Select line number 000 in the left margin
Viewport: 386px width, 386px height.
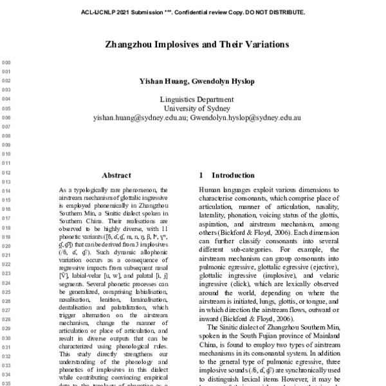(x=8, y=62)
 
